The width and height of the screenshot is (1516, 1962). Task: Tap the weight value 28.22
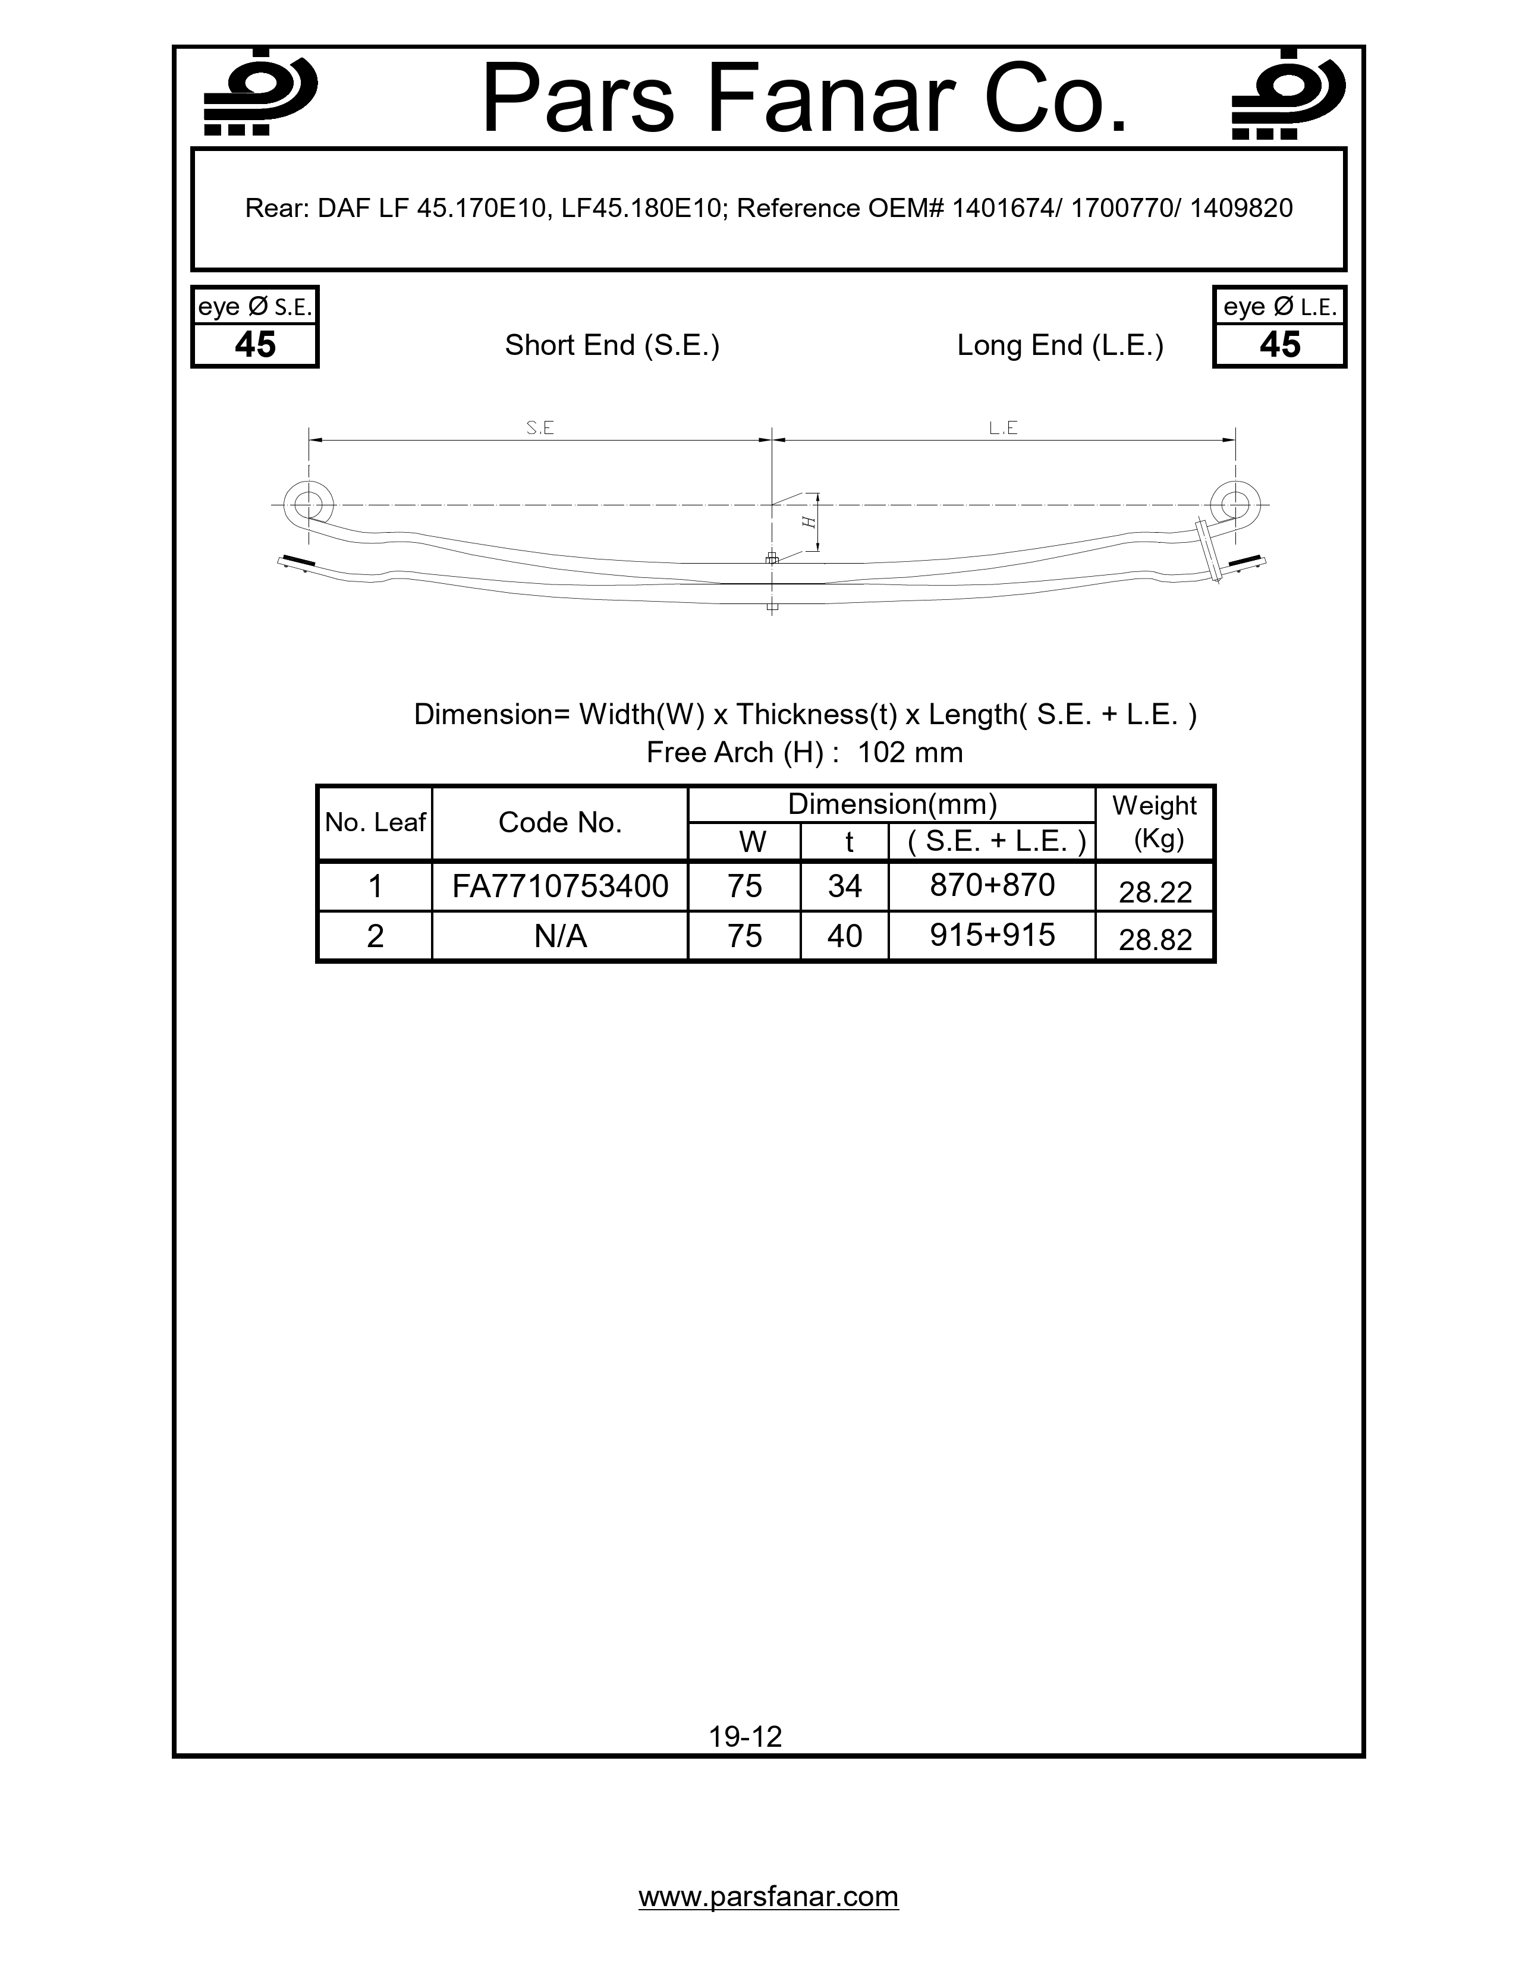coord(1155,892)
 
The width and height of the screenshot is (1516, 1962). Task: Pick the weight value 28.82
coord(1155,939)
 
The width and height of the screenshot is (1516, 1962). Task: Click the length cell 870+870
coord(992,885)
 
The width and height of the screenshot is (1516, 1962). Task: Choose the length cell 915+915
coord(992,935)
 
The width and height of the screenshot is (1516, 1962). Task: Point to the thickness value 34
coord(844,886)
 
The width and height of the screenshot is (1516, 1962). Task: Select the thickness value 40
coord(844,936)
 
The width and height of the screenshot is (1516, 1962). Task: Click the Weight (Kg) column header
coord(1155,822)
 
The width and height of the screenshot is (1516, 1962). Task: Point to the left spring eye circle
coord(308,504)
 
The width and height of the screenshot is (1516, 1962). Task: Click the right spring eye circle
coord(1235,504)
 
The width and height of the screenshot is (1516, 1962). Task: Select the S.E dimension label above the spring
coord(540,429)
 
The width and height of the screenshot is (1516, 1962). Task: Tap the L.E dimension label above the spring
coord(1003,429)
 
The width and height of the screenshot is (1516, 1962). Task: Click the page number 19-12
coord(746,1737)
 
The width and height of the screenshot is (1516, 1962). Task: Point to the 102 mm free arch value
coord(910,752)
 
